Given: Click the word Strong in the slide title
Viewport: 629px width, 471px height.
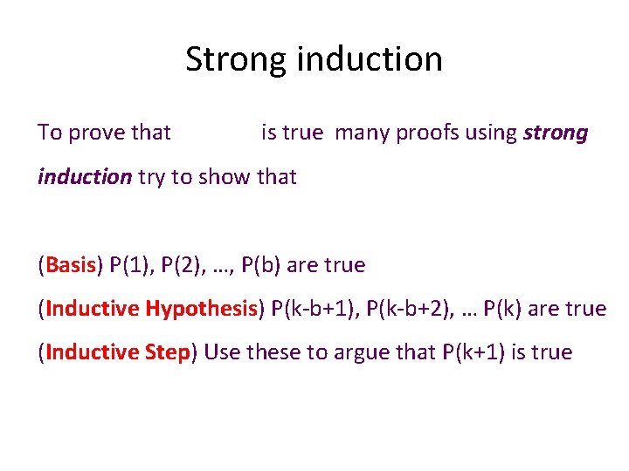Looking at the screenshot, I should (x=237, y=59).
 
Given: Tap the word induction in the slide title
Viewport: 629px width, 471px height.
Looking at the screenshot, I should (x=370, y=59).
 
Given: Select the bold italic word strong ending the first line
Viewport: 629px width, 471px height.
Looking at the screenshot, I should (x=556, y=133).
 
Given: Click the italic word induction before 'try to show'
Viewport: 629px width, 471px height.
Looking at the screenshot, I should (x=84, y=177).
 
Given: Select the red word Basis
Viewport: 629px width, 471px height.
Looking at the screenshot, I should (x=71, y=264).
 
